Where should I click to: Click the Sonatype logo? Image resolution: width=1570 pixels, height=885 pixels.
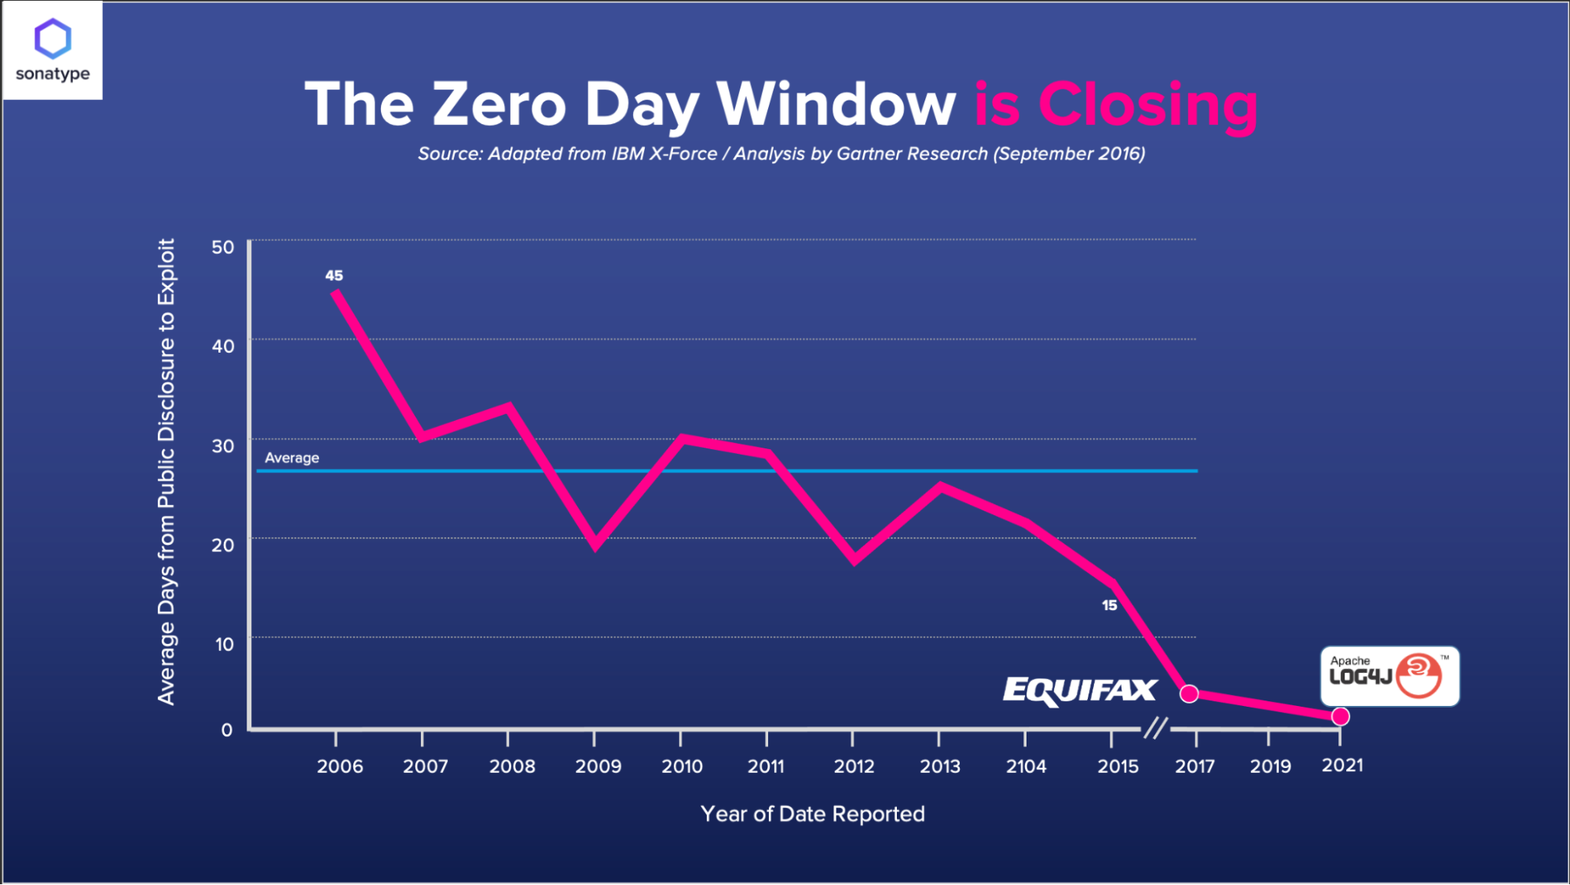point(53,50)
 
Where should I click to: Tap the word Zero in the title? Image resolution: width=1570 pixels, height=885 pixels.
point(499,104)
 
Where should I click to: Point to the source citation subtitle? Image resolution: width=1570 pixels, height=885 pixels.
point(781,154)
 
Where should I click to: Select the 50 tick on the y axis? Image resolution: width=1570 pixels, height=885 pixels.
point(223,247)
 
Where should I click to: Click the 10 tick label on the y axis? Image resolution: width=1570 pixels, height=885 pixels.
point(225,645)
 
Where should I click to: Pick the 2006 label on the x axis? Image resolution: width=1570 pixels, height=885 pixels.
point(339,766)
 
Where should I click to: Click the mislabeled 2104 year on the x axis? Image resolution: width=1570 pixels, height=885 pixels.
point(1026,766)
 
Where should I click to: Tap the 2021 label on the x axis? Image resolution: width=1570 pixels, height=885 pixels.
point(1342,766)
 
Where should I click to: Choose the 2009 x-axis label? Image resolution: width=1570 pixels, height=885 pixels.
point(598,766)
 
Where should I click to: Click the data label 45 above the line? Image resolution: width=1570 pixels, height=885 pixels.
point(334,276)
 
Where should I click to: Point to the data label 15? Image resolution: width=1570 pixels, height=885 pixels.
point(1109,605)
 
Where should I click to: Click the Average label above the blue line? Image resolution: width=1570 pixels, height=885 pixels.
point(292,458)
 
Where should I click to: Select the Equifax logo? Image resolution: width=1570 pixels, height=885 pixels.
point(1080,690)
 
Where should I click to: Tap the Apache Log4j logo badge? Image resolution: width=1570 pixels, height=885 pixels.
point(1389,676)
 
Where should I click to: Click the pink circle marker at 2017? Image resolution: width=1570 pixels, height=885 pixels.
point(1189,693)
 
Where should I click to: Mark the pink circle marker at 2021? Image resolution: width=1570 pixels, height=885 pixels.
point(1341,716)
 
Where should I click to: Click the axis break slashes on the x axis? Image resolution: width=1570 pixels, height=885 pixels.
point(1155,728)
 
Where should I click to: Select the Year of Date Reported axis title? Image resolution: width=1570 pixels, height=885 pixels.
point(812,814)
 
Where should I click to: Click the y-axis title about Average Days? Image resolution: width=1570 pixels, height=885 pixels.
point(167,471)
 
